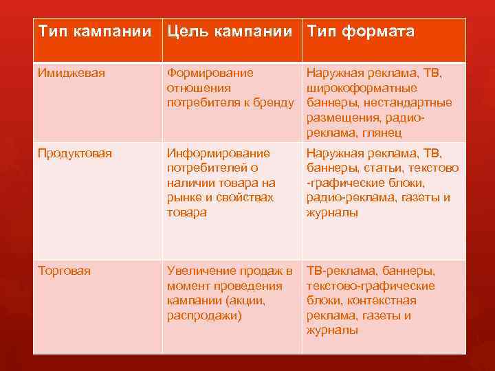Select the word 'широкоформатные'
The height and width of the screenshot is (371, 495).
pos(362,89)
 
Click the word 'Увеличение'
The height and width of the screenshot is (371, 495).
pos(205,271)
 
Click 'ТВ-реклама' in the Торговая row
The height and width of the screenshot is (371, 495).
pos(339,271)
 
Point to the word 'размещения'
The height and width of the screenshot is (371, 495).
pos(341,118)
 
